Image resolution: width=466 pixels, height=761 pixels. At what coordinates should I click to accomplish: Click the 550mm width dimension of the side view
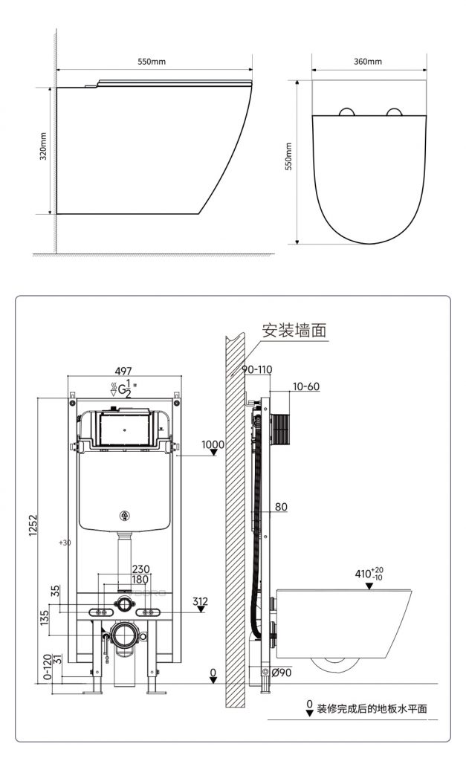152,62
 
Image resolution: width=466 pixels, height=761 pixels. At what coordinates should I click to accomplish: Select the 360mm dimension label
367,62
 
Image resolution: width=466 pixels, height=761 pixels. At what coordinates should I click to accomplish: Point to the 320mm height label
44,146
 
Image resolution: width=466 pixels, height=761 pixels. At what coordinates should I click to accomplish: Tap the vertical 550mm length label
289,156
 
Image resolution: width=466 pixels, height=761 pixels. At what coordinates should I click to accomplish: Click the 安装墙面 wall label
294,331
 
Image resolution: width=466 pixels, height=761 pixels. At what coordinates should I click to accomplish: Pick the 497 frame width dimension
123,371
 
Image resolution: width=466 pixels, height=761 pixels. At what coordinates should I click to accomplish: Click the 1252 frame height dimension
33,525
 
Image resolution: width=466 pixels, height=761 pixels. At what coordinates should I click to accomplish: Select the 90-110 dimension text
257,369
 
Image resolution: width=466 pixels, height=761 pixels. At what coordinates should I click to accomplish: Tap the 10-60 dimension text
305,386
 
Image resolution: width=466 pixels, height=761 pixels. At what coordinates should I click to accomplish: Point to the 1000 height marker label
213,444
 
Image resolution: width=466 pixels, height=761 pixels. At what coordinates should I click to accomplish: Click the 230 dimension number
140,569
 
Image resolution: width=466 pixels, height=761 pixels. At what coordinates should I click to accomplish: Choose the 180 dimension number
140,580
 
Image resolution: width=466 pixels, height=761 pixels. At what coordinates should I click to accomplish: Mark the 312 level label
200,601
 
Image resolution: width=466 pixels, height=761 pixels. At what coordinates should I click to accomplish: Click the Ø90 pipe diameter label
282,673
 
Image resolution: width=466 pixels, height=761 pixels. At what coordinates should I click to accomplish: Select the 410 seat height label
369,573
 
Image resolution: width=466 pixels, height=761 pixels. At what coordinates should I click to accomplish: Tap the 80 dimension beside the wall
281,507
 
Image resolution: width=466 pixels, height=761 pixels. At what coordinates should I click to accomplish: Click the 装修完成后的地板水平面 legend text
372,708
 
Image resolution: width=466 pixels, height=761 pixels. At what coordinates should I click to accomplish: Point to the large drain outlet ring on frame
128,624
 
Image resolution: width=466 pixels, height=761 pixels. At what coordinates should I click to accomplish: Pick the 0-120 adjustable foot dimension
48,667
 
